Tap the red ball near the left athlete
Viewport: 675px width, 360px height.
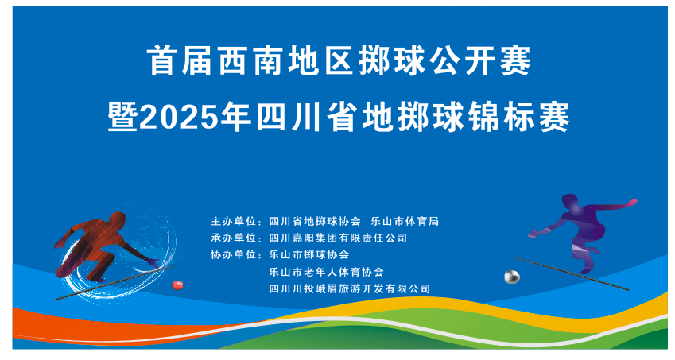[x=177, y=283]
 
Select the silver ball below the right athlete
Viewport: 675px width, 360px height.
[x=511, y=277]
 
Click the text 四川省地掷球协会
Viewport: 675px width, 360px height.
[x=316, y=221]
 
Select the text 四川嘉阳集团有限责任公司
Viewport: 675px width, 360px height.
[x=338, y=238]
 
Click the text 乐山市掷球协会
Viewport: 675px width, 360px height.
[x=309, y=254]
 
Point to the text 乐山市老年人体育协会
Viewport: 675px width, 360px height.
[x=327, y=272]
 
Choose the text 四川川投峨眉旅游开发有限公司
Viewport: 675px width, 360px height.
[x=350, y=288]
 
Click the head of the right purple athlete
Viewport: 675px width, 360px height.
[x=569, y=201]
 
